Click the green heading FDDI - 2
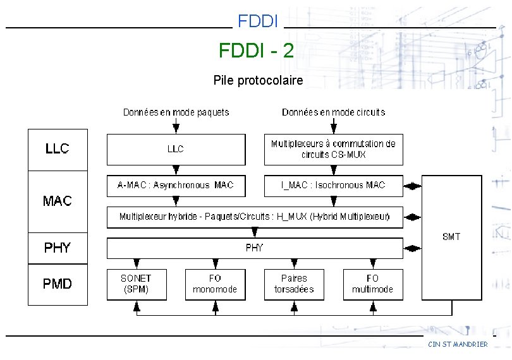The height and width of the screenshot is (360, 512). pyautogui.click(x=256, y=51)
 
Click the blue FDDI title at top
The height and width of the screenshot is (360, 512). pyautogui.click(x=258, y=21)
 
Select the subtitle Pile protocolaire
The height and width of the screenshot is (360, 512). pyautogui.click(x=258, y=80)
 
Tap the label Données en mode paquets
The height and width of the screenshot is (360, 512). pyautogui.click(x=176, y=112)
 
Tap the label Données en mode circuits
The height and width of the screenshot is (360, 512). pyautogui.click(x=333, y=112)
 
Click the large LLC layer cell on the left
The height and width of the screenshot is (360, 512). pyautogui.click(x=58, y=150)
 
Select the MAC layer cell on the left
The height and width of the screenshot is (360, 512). pyautogui.click(x=58, y=201)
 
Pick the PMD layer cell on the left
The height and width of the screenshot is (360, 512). pyautogui.click(x=58, y=284)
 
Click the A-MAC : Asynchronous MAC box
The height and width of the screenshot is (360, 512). pyautogui.click(x=176, y=185)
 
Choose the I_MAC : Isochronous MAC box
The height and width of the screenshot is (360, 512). pyautogui.click(x=333, y=185)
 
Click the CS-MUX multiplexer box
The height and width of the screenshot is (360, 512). pyautogui.click(x=333, y=149)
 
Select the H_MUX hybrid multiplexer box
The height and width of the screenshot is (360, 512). pyautogui.click(x=255, y=217)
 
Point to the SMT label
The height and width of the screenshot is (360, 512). pyautogui.click(x=451, y=237)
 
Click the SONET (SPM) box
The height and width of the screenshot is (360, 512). pyautogui.click(x=136, y=284)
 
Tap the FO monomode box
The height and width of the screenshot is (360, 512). pyautogui.click(x=215, y=284)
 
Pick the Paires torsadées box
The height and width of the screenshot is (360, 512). pyautogui.click(x=294, y=284)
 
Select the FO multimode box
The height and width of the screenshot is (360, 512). pyautogui.click(x=372, y=284)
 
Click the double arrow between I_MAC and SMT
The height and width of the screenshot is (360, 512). pyautogui.click(x=412, y=186)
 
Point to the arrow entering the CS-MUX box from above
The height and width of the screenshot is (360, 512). pyautogui.click(x=333, y=127)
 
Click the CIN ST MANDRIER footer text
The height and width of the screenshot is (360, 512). pyautogui.click(x=458, y=344)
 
